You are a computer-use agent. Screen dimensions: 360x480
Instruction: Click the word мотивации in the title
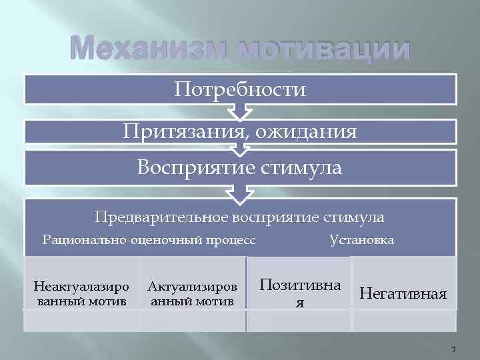320,50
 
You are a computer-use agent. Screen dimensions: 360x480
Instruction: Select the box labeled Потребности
240,89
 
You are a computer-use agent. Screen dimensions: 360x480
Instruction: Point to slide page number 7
453,350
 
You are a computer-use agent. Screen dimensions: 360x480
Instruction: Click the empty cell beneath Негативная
403,321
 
